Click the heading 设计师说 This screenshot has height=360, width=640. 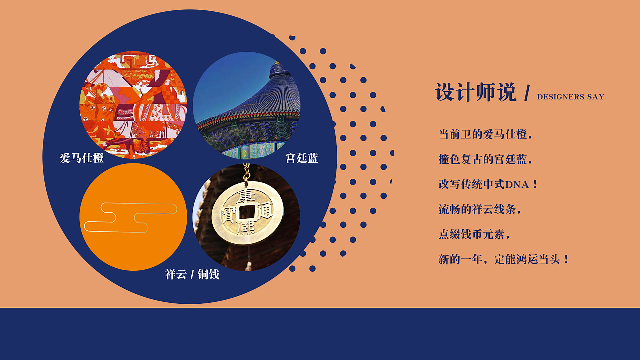[476, 92]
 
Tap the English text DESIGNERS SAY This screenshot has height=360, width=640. [571, 97]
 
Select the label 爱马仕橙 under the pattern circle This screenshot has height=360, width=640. [82, 158]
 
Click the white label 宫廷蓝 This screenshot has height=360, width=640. [302, 158]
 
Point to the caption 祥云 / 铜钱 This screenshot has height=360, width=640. [192, 274]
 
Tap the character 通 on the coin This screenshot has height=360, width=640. [265, 211]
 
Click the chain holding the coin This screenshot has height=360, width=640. [246, 172]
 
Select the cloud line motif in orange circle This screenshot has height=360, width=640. [131, 217]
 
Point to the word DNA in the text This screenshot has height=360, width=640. [517, 185]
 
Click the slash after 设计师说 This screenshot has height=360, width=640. [527, 93]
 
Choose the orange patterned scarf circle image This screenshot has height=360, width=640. [133, 105]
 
